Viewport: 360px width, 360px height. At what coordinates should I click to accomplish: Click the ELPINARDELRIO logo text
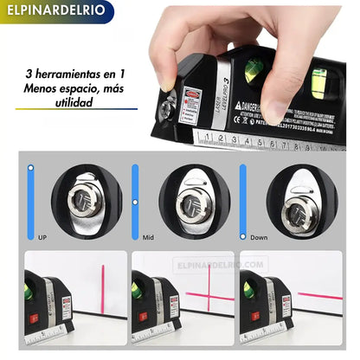(53, 13)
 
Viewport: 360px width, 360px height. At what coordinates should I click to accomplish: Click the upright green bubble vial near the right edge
(319, 81)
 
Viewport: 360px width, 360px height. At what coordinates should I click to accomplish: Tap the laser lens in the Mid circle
(191, 204)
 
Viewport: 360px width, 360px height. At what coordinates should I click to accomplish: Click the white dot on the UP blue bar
(31, 169)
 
